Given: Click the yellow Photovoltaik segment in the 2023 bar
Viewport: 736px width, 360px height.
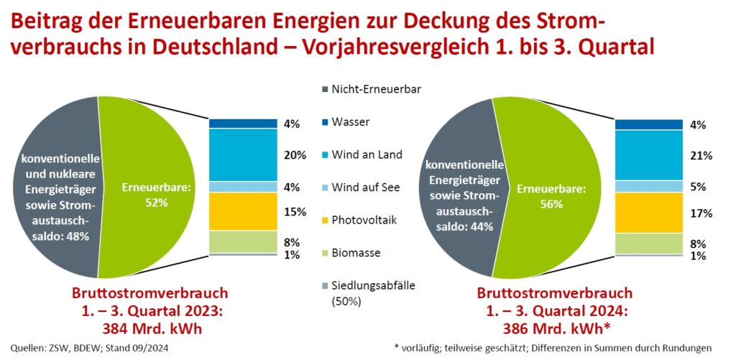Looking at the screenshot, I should pos(243,211).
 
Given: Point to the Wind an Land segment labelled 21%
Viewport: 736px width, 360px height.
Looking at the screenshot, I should pos(648,155).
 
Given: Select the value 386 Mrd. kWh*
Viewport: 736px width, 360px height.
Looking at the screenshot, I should pos(554,330).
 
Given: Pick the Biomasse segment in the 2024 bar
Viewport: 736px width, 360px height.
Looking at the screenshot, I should pos(648,243).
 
